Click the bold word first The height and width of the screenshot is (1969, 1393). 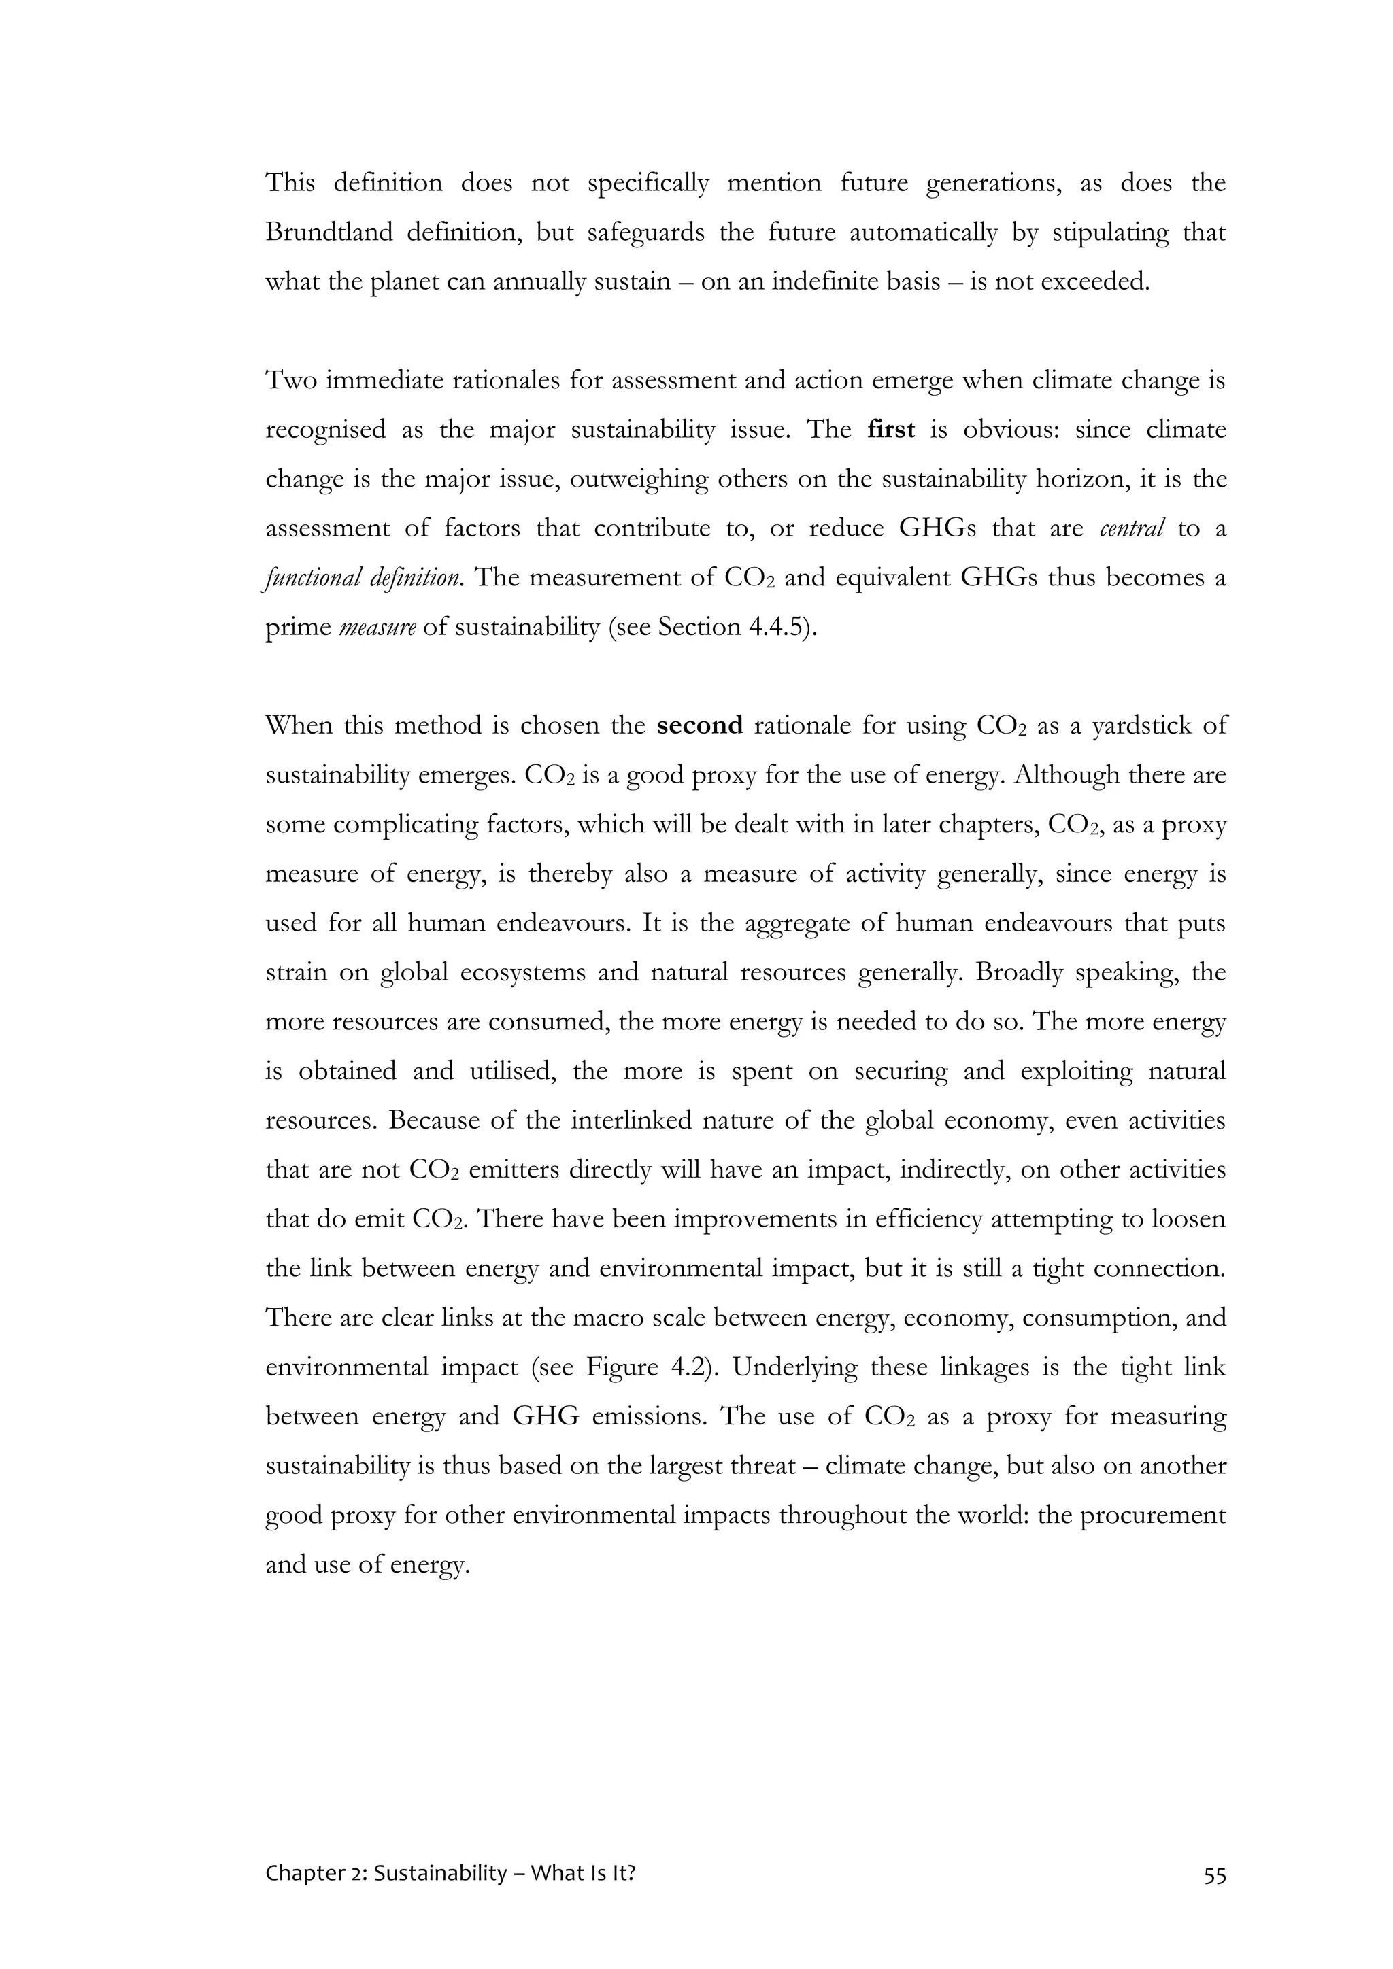pyautogui.click(x=891, y=430)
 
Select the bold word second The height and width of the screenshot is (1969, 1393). pyautogui.click(x=700, y=725)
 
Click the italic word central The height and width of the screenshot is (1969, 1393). pyautogui.click(x=1131, y=528)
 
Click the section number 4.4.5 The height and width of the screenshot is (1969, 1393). pyautogui.click(x=777, y=627)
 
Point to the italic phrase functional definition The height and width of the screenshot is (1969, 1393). pyautogui.click(x=361, y=578)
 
